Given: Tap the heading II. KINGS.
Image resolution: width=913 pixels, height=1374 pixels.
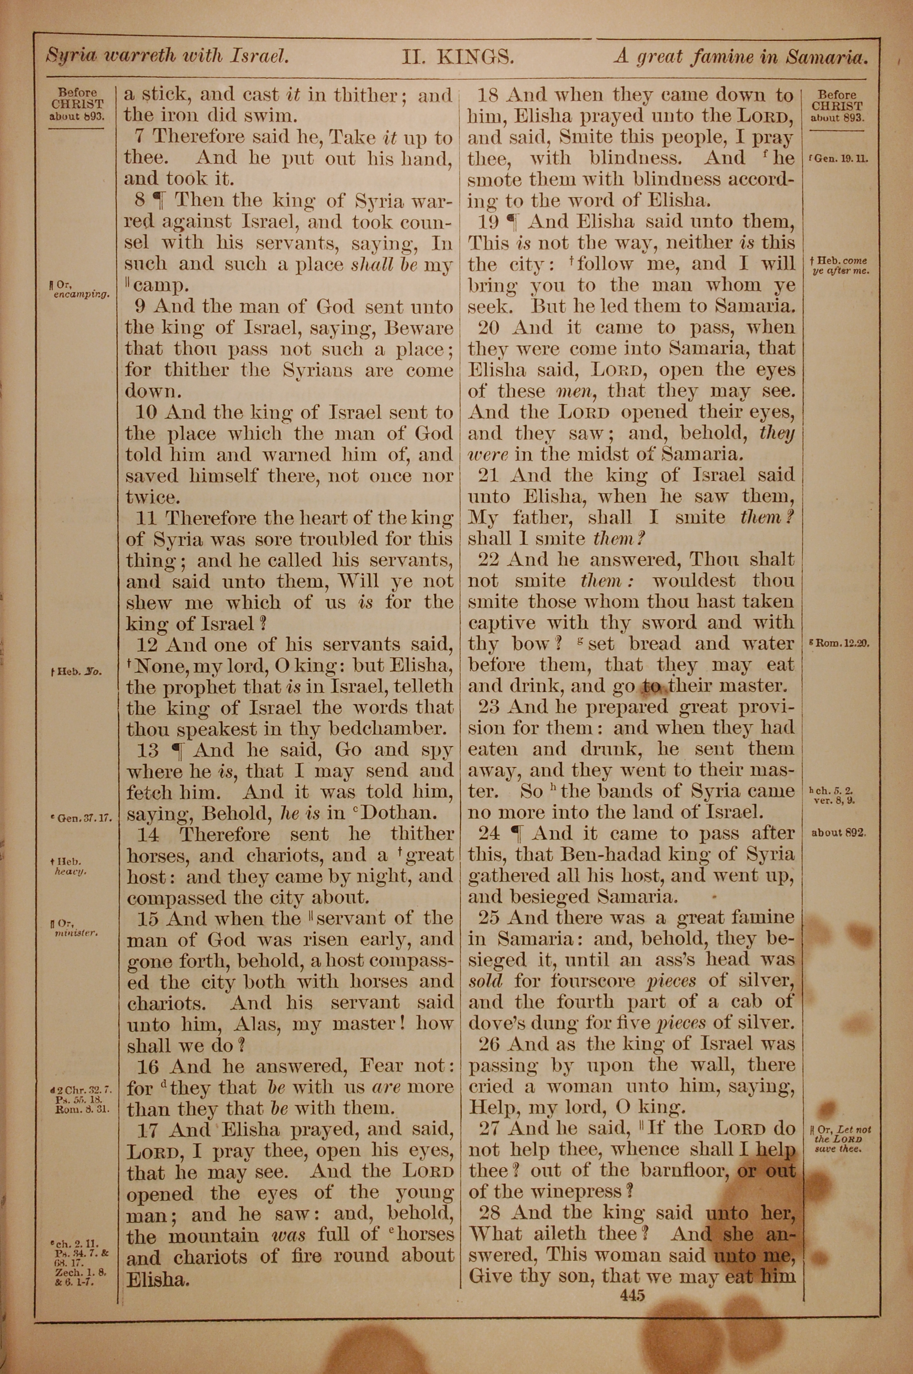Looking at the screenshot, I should coord(457,57).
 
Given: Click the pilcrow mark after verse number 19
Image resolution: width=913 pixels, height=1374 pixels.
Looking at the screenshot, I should coord(513,222).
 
